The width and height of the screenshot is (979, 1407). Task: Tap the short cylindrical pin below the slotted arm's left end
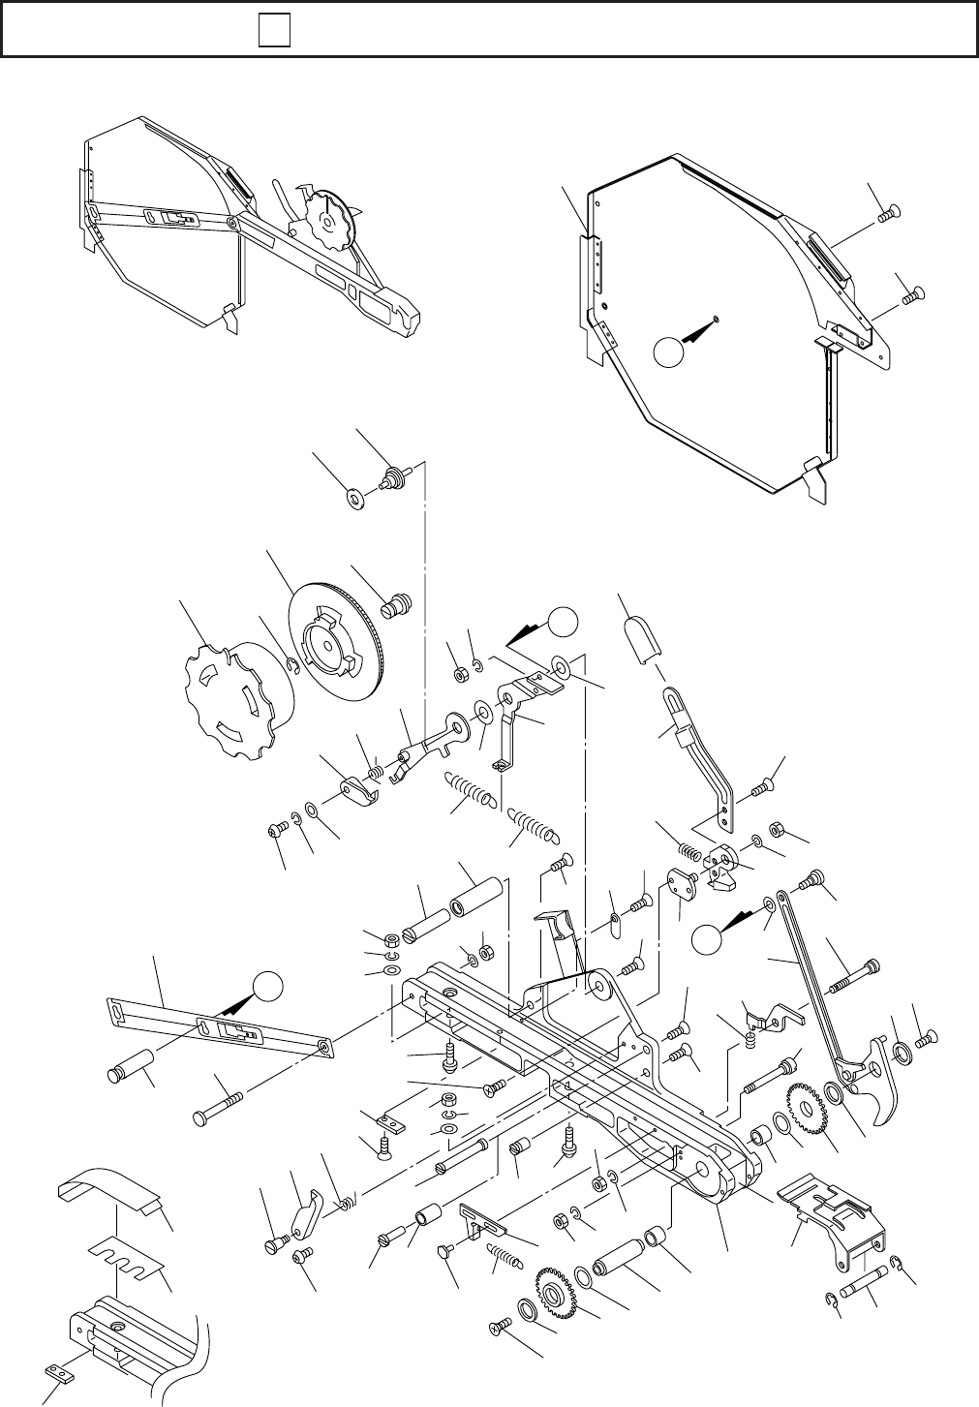128,1063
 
